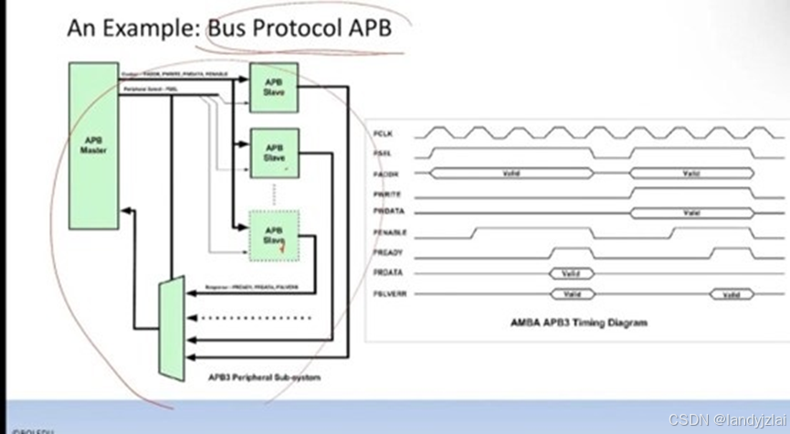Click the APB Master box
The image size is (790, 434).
click(94, 145)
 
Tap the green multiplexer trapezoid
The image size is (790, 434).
click(171, 329)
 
